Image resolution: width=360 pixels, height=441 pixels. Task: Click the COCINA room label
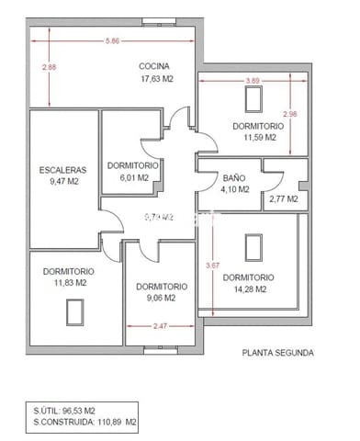click(156, 66)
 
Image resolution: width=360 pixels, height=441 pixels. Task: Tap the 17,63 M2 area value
click(156, 79)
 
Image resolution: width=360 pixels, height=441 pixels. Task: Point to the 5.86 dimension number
click(112, 41)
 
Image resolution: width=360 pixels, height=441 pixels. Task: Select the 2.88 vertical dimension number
click(49, 68)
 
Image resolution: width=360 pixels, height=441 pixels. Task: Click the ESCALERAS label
click(62, 170)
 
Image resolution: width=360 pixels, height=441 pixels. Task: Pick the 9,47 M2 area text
click(62, 183)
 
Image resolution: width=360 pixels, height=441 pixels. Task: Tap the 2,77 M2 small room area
click(284, 198)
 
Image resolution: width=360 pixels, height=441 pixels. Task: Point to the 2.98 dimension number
click(290, 114)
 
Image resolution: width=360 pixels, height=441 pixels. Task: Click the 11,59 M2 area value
click(260, 138)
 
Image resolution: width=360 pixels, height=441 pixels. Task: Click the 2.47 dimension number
click(161, 325)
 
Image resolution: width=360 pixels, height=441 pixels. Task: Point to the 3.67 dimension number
click(213, 266)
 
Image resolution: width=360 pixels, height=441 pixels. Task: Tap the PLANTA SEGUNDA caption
click(277, 353)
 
